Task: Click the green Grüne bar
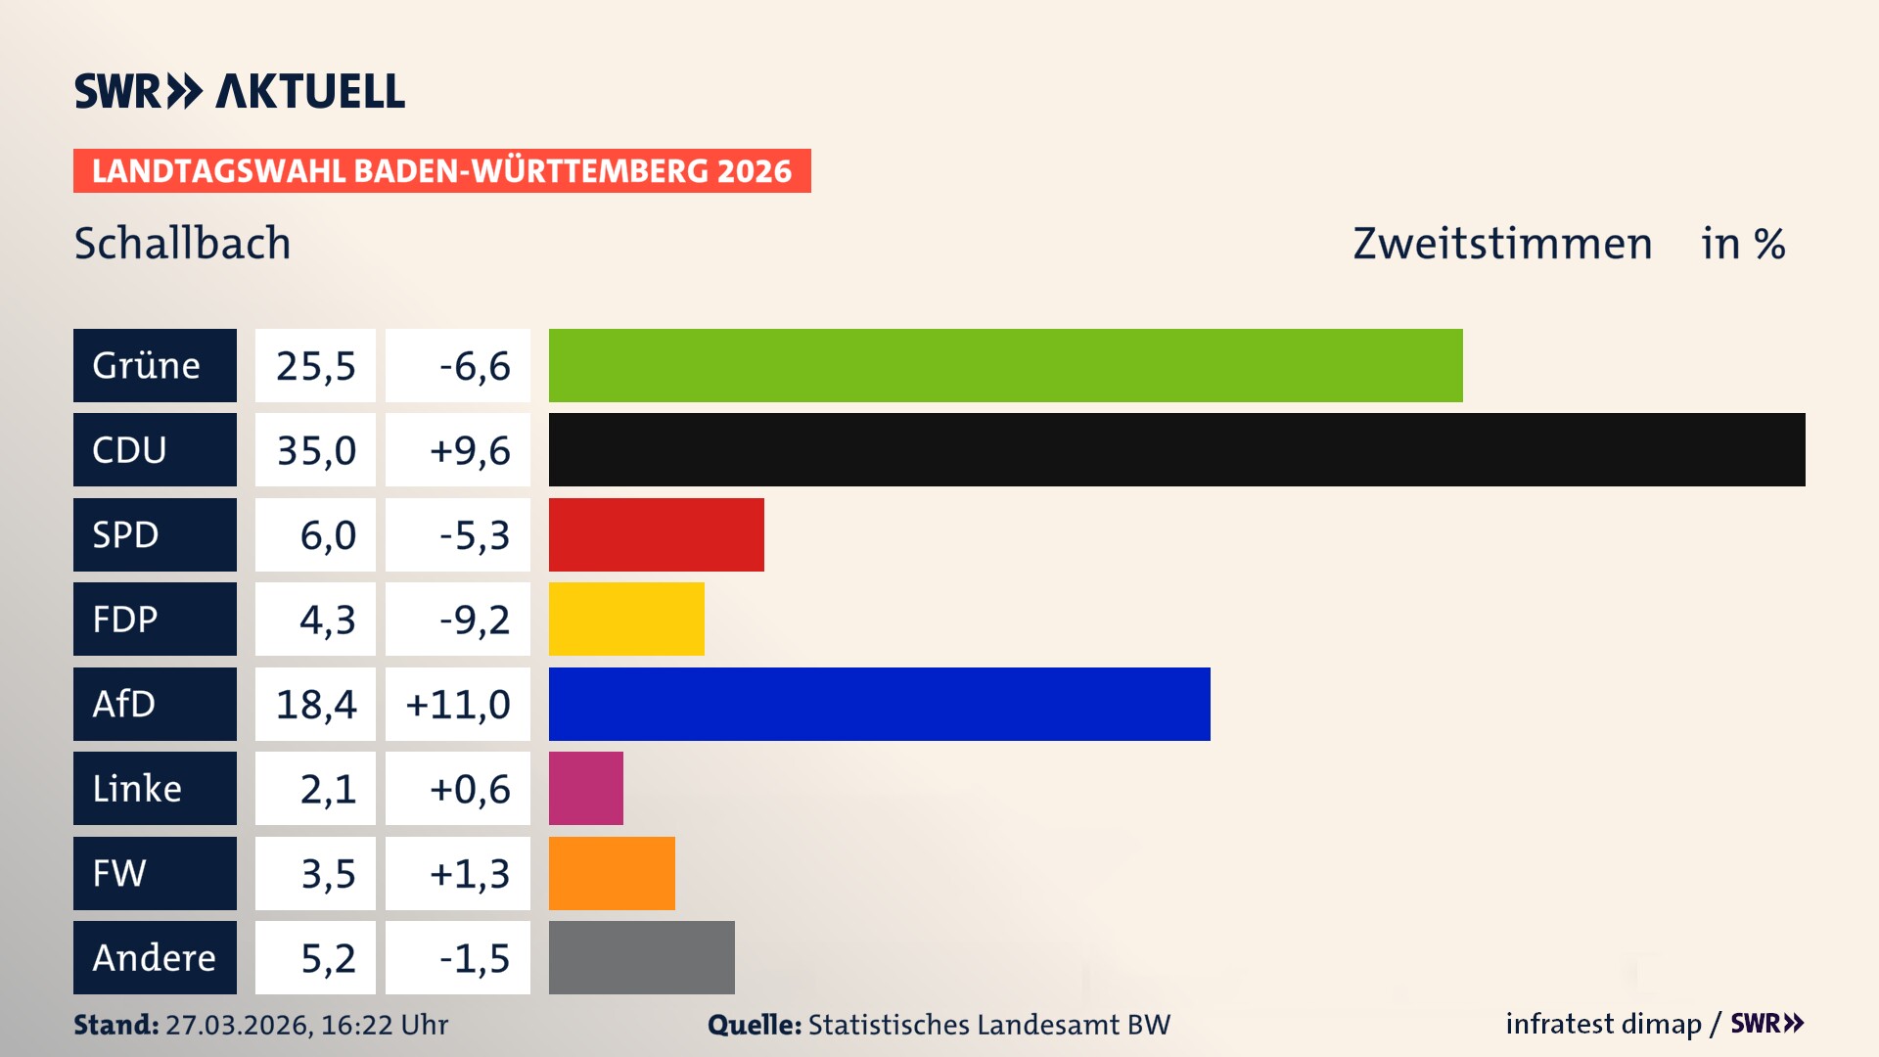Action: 1005,365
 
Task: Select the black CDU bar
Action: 1176,450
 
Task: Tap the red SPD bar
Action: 656,534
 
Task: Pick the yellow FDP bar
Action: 626,619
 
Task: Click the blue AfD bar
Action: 879,704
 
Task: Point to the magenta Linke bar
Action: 585,788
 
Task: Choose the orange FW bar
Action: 612,873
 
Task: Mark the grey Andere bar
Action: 641,957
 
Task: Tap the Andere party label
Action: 155,957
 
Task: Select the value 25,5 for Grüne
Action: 315,366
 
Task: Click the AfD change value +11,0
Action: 458,705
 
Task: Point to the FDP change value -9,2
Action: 474,620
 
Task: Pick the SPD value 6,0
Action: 328,535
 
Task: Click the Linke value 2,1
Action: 328,789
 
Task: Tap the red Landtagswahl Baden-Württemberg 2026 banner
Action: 441,171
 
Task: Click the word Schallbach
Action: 182,244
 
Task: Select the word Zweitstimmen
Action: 1502,244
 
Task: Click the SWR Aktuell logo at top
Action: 240,91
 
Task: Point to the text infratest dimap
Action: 1603,1024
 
